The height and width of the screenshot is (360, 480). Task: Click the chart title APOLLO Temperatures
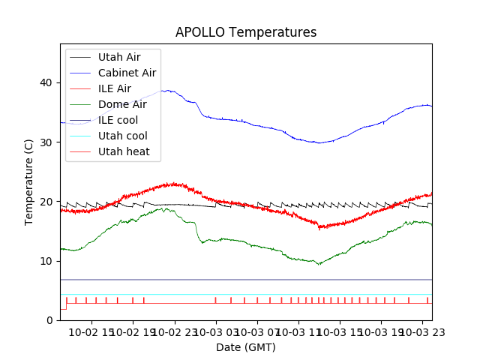pyautogui.click(x=246, y=32)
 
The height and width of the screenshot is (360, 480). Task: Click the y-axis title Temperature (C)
pyautogui.click(x=29, y=181)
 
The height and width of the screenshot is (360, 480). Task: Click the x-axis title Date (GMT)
pyautogui.click(x=246, y=347)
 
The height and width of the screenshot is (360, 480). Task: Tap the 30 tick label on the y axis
pyautogui.click(x=49, y=142)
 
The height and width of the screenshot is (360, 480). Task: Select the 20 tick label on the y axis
pyautogui.click(x=49, y=201)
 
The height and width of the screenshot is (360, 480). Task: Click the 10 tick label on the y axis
pyautogui.click(x=49, y=261)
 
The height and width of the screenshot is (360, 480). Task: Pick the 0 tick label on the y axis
pyautogui.click(x=52, y=320)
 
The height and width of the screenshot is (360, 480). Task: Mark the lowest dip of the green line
pyautogui.click(x=319, y=264)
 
